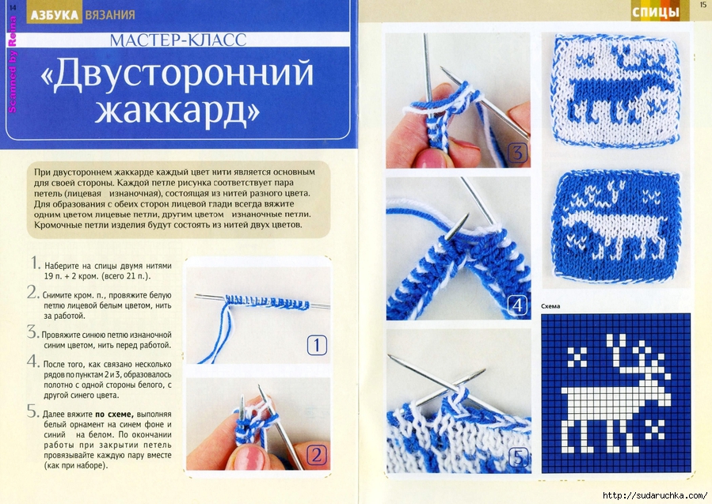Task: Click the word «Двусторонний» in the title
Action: click(x=177, y=74)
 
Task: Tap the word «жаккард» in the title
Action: click(x=177, y=110)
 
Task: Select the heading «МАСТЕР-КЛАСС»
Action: click(x=178, y=40)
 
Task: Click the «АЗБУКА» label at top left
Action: click(x=55, y=15)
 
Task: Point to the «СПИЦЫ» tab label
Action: click(x=655, y=12)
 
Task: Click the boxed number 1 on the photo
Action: click(x=317, y=346)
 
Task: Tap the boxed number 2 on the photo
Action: click(x=317, y=455)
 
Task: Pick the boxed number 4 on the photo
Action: click(x=517, y=305)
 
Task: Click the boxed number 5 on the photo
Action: click(x=518, y=457)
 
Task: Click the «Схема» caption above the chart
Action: click(x=550, y=306)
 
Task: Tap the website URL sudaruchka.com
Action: click(x=654, y=495)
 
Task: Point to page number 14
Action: click(x=12, y=6)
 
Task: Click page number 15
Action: click(x=703, y=4)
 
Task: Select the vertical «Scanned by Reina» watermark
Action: click(x=12, y=64)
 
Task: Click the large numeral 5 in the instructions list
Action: click(x=32, y=411)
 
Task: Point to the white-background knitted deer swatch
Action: click(x=616, y=91)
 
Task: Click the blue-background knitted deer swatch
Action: click(x=616, y=226)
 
